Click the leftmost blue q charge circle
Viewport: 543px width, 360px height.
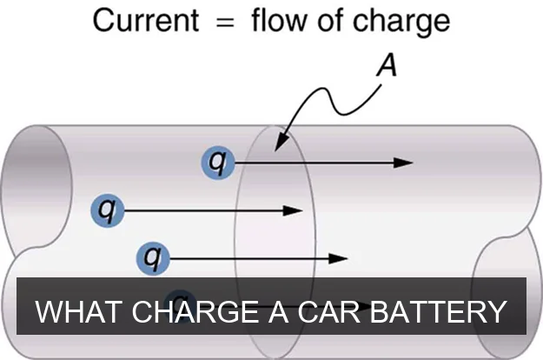point(107,210)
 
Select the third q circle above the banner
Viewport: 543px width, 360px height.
point(153,257)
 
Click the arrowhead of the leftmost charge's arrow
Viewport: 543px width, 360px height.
point(294,210)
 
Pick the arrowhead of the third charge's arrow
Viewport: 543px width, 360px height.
point(340,257)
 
